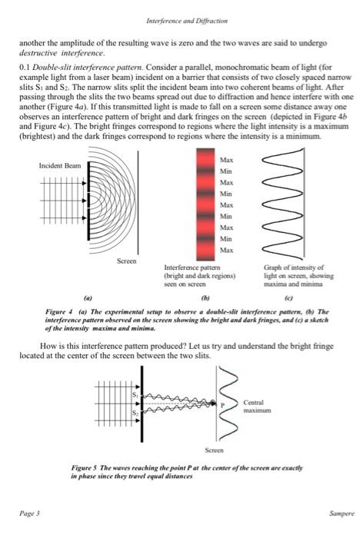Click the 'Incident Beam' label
coord(58,165)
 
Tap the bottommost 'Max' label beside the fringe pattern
coord(226,251)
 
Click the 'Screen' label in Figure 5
coord(214,449)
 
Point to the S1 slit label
coord(135,394)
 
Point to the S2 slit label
coord(135,413)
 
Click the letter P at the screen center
coord(222,404)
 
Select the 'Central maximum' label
coord(258,407)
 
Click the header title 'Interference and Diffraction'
coord(180,21)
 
